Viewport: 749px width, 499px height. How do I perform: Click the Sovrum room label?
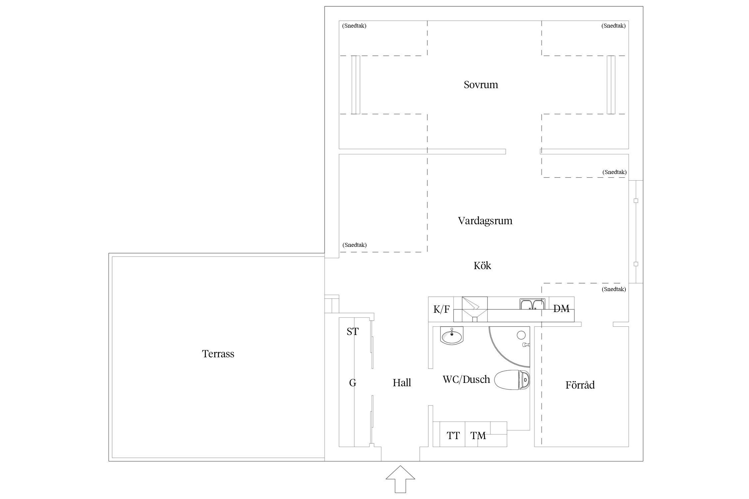click(481, 85)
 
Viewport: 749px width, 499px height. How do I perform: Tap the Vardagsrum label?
click(485, 221)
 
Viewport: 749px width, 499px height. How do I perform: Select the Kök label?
click(482, 265)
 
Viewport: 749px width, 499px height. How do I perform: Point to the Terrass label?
click(218, 354)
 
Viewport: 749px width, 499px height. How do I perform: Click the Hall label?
click(402, 383)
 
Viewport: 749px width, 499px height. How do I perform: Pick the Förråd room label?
click(580, 385)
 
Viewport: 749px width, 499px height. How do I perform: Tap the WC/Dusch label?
click(466, 380)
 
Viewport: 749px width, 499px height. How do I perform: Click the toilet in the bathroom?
click(512, 380)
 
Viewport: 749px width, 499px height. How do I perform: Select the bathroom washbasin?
click(452, 336)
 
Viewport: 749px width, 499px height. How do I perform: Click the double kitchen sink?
click(532, 304)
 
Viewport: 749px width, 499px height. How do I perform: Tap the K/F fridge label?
click(441, 310)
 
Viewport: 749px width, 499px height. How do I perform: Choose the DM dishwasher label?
click(561, 309)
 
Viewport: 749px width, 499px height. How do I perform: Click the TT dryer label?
click(453, 436)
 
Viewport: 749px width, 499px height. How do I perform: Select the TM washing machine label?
click(478, 436)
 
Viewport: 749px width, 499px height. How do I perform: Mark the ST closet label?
click(353, 332)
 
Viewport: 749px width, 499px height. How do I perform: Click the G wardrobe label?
click(353, 383)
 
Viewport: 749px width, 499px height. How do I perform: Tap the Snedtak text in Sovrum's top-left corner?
click(354, 26)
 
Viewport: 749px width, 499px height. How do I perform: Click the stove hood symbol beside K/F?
click(475, 309)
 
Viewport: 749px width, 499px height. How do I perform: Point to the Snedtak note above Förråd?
click(614, 289)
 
